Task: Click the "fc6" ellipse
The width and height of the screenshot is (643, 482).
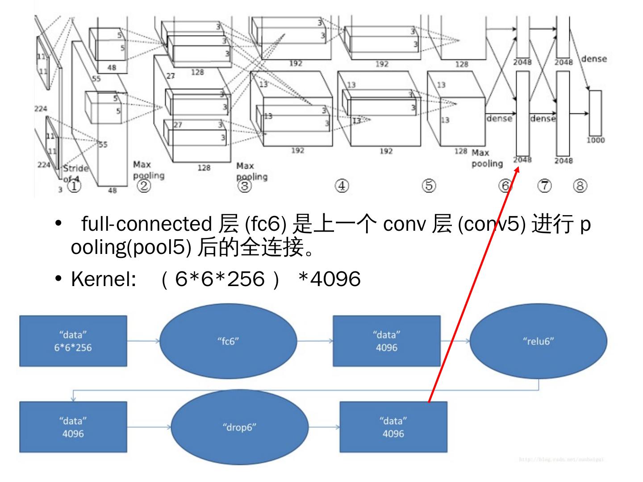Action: click(x=228, y=341)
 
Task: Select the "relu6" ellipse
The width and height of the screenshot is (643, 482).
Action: click(x=538, y=341)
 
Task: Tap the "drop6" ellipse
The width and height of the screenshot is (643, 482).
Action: click(x=239, y=427)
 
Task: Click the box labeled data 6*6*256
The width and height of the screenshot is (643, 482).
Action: click(x=73, y=341)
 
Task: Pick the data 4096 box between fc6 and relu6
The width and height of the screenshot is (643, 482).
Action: click(x=386, y=341)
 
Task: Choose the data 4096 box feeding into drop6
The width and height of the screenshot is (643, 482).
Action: click(x=73, y=427)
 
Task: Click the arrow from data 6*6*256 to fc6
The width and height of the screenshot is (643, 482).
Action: click(x=143, y=341)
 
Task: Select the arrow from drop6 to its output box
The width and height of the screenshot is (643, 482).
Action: click(x=324, y=427)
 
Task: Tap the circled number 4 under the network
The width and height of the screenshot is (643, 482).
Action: click(x=342, y=186)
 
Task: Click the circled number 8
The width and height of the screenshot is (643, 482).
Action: click(x=580, y=186)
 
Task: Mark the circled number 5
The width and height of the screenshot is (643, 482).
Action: click(x=429, y=186)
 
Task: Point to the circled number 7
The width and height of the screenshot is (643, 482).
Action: click(x=545, y=186)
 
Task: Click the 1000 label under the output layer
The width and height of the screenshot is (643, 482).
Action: click(x=596, y=140)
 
